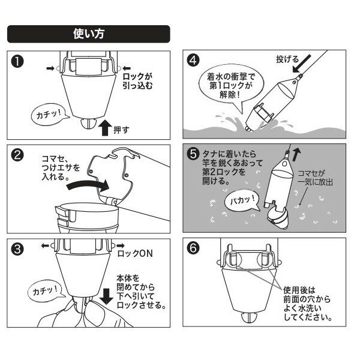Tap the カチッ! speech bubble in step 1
(49, 113)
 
